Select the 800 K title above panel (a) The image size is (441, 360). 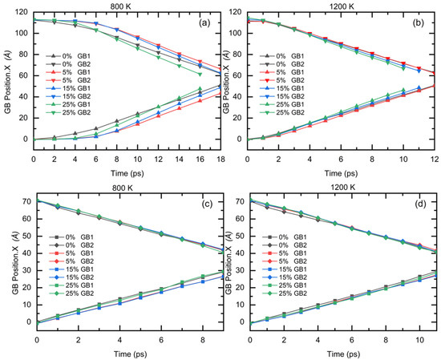tap(117, 4)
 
